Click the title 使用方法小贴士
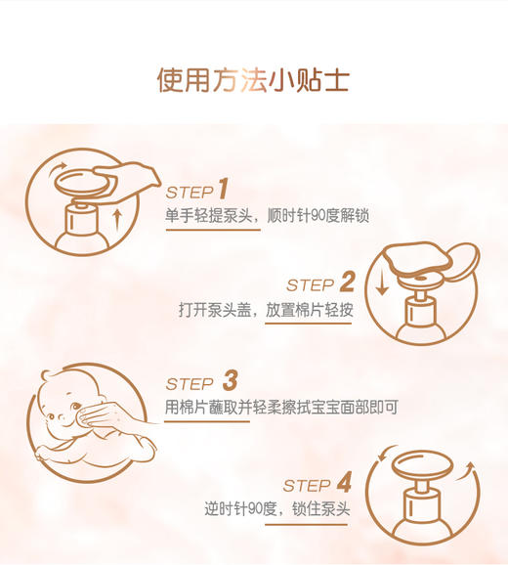pyautogui.click(x=253, y=79)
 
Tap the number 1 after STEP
pyautogui.click(x=223, y=189)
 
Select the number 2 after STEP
pyautogui.click(x=347, y=283)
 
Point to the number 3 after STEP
pyautogui.click(x=230, y=381)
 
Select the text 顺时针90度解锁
pyautogui.click(x=318, y=216)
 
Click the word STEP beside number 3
pyautogui.click(x=190, y=384)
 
